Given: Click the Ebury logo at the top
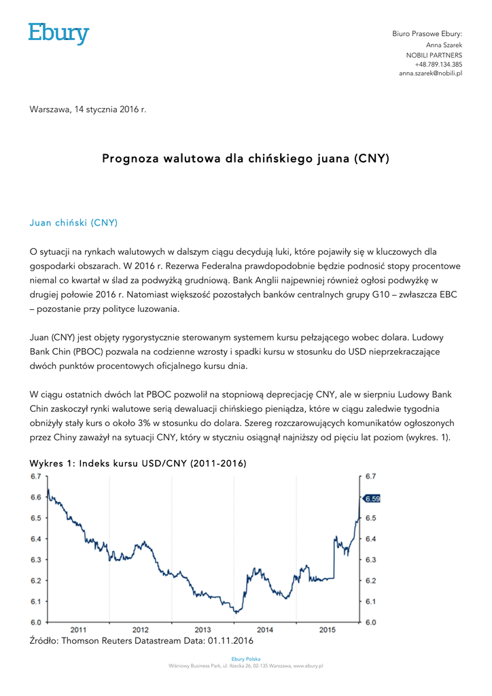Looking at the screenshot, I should [58, 33].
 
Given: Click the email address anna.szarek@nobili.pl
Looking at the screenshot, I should [430, 73].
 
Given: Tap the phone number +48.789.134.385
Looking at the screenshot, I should [438, 64].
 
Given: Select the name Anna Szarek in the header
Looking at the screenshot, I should [444, 44].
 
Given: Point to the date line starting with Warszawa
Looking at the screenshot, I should [88, 109].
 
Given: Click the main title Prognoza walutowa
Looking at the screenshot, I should [245, 159].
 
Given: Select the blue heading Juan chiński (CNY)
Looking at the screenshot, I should [73, 222].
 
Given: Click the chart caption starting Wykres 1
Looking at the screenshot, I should [137, 464].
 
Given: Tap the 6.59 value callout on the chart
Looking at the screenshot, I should [372, 498].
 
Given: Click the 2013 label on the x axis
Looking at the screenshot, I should [203, 629].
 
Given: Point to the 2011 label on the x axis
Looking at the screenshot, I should [78, 629].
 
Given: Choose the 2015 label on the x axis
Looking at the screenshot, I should [327, 629].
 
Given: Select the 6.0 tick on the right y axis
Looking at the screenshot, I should [371, 623].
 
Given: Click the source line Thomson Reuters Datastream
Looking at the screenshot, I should [141, 640].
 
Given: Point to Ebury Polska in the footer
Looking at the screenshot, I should [245, 659].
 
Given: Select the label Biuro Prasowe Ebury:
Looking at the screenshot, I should [427, 34].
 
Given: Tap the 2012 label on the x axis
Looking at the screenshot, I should [141, 629].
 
